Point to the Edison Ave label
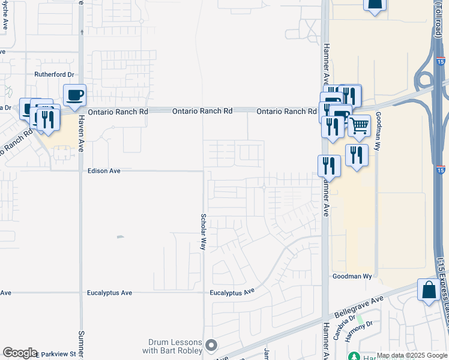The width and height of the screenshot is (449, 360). [104, 171]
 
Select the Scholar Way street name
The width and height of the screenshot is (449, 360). [203, 231]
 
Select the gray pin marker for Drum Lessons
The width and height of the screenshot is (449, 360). [211, 345]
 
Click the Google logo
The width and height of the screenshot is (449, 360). [20, 353]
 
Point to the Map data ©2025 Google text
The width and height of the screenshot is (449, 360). [412, 355]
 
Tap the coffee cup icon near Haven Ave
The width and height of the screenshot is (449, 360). [75, 95]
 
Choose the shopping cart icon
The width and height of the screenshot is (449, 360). [359, 125]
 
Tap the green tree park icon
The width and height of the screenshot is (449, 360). [354, 356]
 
